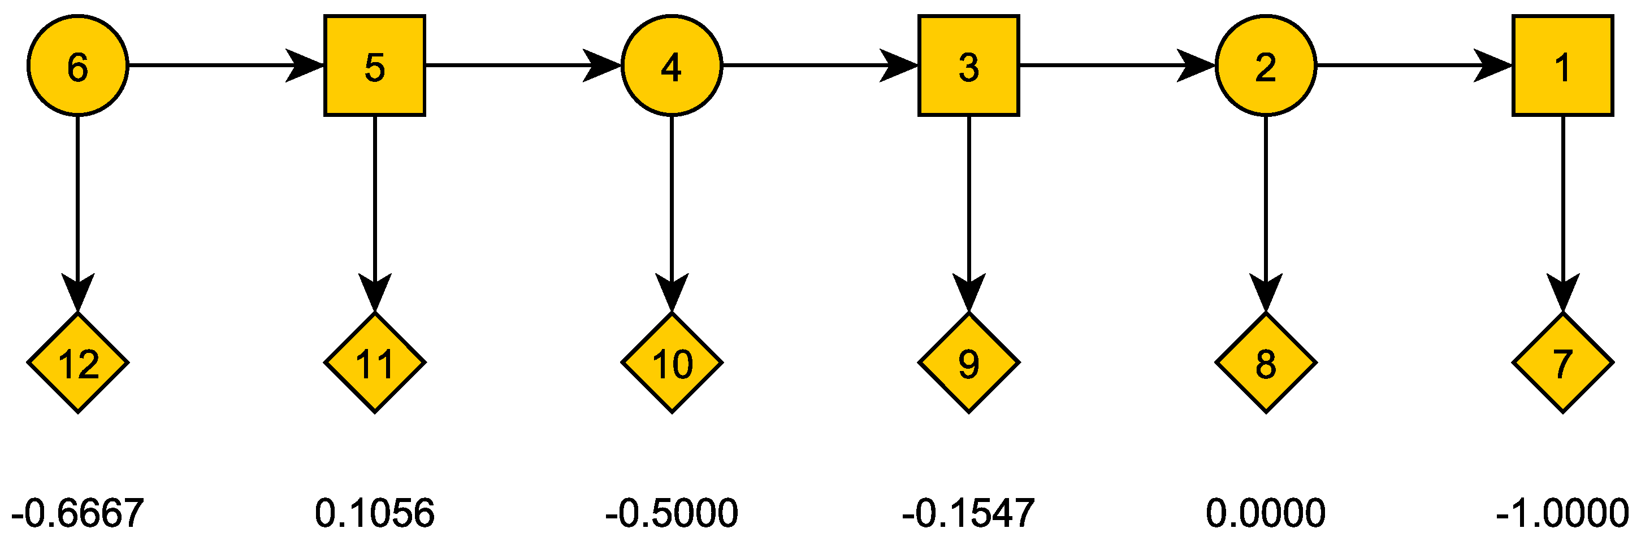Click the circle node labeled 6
point(77,65)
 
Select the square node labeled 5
point(375,65)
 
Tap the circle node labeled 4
point(672,65)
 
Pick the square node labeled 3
point(968,65)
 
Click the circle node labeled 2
point(1265,65)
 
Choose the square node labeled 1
point(1562,65)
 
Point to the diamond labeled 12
point(77,363)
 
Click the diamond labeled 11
point(375,363)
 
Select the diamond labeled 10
point(672,363)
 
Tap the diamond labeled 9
point(968,363)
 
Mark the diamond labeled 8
point(1265,363)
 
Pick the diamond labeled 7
point(1562,363)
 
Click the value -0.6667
point(77,513)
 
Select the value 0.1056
point(375,513)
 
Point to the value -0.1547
point(968,513)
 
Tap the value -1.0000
point(1562,513)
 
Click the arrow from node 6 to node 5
point(226,65)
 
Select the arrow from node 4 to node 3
point(820,65)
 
